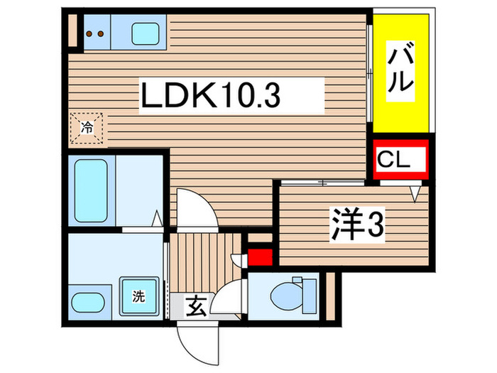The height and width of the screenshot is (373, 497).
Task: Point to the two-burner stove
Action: coord(95,33)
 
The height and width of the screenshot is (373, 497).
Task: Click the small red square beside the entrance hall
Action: coord(259,256)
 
